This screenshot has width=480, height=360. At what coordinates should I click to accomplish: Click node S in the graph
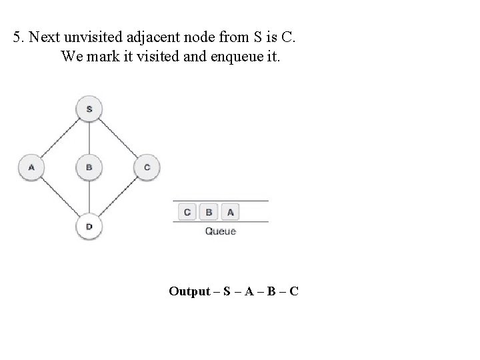[x=89, y=109]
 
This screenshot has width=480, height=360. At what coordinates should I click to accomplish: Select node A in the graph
[x=31, y=167]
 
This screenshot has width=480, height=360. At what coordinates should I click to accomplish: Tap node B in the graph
[x=89, y=167]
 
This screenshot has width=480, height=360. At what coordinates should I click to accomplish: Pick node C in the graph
[x=147, y=167]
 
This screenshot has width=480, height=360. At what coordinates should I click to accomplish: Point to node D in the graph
[x=89, y=226]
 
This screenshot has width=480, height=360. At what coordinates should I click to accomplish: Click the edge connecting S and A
[x=60, y=138]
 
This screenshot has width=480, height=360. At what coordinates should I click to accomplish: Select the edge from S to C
[x=119, y=138]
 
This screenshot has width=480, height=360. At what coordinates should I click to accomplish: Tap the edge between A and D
[x=60, y=197]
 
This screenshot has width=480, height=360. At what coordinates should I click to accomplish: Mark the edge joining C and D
[x=119, y=197]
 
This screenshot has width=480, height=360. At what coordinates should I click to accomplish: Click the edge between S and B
[x=89, y=138]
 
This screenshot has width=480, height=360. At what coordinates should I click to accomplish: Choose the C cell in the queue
[x=187, y=212]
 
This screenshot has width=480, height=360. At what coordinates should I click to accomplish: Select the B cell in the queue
[x=209, y=212]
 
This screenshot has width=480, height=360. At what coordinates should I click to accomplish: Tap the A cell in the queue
[x=230, y=212]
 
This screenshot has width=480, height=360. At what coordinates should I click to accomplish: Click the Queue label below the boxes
[x=220, y=231]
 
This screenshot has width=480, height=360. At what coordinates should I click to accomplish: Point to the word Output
[x=190, y=291]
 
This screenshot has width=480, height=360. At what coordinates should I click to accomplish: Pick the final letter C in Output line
[x=293, y=291]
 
